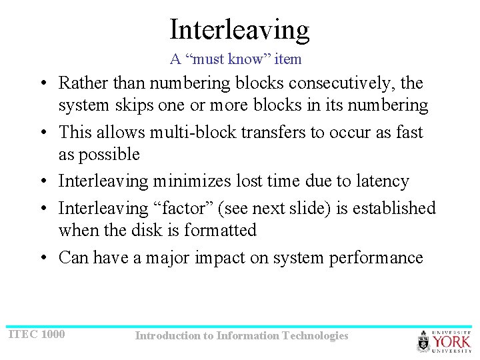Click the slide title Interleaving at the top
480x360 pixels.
click(x=239, y=29)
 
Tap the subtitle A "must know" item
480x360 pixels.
click(x=235, y=59)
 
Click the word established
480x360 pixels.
click(x=394, y=208)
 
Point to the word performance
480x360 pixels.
click(x=376, y=258)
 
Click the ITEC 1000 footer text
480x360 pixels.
click(x=37, y=333)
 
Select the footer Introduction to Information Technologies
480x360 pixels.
click(x=241, y=336)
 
